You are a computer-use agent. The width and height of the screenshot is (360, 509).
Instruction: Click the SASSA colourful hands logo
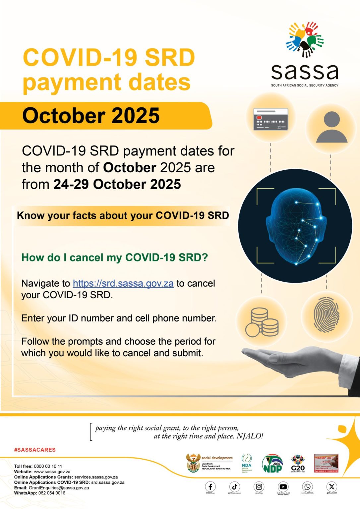(305, 39)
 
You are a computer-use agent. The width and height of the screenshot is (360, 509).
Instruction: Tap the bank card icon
(270, 119)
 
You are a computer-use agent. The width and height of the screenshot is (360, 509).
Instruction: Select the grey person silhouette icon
(331, 127)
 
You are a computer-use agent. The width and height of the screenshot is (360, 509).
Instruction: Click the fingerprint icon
(327, 315)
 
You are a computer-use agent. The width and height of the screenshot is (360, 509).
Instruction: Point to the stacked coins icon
(262, 322)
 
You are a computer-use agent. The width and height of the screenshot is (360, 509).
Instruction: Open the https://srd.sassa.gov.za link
(123, 284)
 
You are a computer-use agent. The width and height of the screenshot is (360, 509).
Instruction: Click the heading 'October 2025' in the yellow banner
(91, 116)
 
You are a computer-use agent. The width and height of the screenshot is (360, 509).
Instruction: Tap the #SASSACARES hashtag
(35, 450)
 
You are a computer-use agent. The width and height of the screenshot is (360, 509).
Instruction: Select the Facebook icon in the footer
(210, 486)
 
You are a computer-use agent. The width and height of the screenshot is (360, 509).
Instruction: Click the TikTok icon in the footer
(235, 486)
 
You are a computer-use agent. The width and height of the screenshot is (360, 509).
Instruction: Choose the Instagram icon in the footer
(259, 486)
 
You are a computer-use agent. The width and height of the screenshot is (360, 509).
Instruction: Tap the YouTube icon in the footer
(283, 486)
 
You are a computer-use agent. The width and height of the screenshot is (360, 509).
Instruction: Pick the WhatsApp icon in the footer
(307, 486)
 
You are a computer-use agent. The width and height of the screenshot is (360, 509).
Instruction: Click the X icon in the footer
(331, 486)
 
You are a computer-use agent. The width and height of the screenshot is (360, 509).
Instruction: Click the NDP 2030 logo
(272, 464)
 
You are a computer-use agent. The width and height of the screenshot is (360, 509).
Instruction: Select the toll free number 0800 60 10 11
(48, 466)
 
